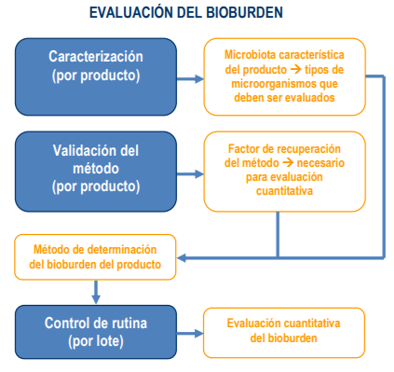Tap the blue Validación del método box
point(96,173)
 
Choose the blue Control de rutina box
point(96,332)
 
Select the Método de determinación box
point(94,257)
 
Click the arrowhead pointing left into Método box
point(183,257)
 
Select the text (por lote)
point(96,340)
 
